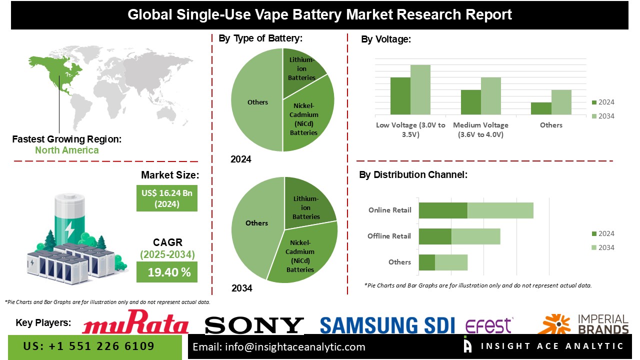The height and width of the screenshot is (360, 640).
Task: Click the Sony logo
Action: tap(254, 325)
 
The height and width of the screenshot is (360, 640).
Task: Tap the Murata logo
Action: tap(135, 322)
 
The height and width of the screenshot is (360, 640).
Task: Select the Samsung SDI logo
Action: tap(387, 325)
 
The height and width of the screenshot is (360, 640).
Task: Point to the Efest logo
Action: tap(488, 325)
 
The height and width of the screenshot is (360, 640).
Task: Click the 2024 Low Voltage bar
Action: tap(400, 96)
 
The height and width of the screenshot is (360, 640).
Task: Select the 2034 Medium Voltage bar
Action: tap(490, 96)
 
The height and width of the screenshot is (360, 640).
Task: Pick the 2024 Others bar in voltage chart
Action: tap(541, 108)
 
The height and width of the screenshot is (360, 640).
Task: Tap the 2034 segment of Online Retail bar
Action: tap(500, 210)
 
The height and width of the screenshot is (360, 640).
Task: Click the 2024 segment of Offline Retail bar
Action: tap(435, 236)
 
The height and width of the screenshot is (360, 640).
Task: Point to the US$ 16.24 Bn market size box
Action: tap(166, 198)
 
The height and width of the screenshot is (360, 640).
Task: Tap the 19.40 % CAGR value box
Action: tap(166, 272)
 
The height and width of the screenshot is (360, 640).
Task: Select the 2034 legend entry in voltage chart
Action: tap(602, 116)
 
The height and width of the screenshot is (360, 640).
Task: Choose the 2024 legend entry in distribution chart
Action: tap(602, 233)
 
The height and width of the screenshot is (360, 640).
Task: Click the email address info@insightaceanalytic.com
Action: tap(279, 346)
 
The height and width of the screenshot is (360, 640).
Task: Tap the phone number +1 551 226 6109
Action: tap(89, 346)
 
